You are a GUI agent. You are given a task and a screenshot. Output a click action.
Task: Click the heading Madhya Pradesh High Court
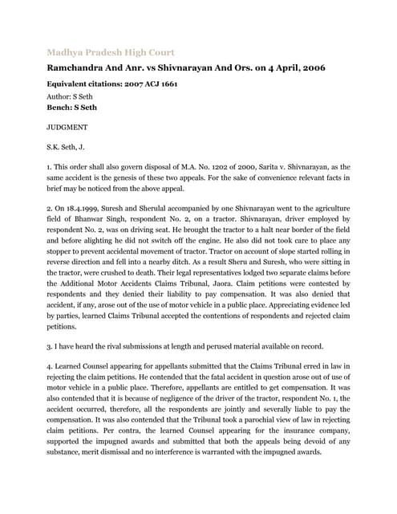tap(111, 52)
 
